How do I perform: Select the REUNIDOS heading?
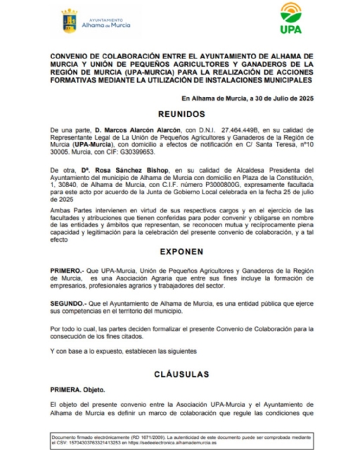[181, 115]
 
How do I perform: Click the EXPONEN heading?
[180, 250]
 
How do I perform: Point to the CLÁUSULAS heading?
[181, 373]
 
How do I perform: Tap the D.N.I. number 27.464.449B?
[235, 131]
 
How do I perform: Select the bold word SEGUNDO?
[67, 303]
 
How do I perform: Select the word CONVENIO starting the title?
[69, 55]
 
